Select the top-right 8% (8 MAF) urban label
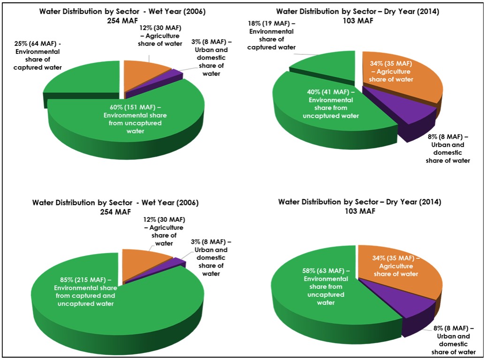[x=448, y=148]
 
